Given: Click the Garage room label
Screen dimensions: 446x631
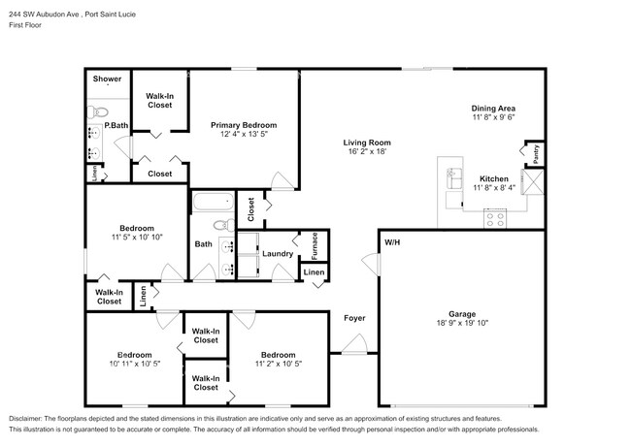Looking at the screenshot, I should [x=461, y=313].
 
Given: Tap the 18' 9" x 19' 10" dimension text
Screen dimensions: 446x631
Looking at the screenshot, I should [x=461, y=323].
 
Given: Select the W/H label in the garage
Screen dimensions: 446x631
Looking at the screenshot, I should [x=391, y=241].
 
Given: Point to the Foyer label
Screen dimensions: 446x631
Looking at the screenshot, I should [x=353, y=317].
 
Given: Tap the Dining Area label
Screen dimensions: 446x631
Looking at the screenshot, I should [x=493, y=108].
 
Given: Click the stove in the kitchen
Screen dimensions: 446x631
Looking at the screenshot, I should [x=496, y=219].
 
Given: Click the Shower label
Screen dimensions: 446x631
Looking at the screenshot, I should [x=107, y=79].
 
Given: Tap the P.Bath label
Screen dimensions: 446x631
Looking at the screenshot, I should [x=116, y=125].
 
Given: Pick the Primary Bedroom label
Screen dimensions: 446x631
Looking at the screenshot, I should [x=244, y=124].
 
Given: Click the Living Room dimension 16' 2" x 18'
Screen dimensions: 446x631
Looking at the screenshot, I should [x=367, y=151].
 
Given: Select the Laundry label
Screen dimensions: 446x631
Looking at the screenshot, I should [x=278, y=254].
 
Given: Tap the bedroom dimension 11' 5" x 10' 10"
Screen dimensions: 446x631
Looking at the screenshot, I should [x=136, y=237].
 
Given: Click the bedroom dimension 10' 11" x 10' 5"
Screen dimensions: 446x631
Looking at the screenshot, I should [x=133, y=364].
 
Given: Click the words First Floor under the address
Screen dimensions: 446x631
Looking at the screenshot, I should [x=26, y=25].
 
